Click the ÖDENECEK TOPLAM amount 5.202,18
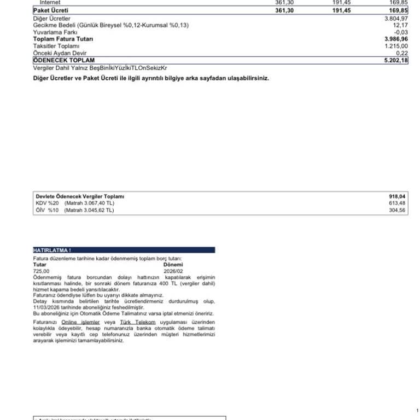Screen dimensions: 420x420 coord(396,60)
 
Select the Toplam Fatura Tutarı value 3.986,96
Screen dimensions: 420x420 coord(396,39)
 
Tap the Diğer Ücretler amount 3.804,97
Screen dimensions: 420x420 coord(396,19)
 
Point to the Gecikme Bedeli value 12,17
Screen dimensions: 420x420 coord(400,25)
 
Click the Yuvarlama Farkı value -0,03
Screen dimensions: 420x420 coord(401,32)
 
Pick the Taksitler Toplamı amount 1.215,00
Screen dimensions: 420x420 coord(396,46)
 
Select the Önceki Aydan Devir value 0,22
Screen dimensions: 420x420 coord(402,53)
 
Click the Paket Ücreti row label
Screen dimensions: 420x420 coord(51,10)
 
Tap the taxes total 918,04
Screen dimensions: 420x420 coord(397,196)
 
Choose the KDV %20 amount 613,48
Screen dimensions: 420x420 coord(397,203)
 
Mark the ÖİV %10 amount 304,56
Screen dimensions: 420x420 coord(397,210)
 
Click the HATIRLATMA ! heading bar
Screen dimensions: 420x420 coord(124,250)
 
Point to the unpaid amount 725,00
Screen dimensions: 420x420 coord(41,271)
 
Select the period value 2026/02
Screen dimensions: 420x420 coord(173,271)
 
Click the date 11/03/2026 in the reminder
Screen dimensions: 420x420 coord(46,307)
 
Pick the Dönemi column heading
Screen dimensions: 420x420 coord(173,264)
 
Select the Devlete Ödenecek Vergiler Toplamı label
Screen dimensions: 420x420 coord(80,196)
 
